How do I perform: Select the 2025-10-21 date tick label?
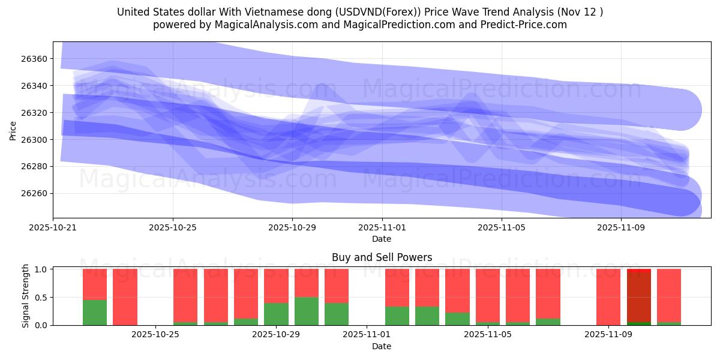[53, 228]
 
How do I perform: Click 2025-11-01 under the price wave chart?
[382, 228]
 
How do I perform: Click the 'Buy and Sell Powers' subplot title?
[382, 257]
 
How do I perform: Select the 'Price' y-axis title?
[13, 130]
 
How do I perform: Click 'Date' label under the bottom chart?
[382, 346]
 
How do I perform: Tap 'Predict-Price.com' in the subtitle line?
[519, 25]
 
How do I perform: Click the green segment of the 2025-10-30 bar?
[307, 311]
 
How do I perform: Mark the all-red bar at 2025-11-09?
[608, 297]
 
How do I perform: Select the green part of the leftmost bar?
[95, 313]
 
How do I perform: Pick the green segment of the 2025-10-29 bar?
[276, 314]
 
